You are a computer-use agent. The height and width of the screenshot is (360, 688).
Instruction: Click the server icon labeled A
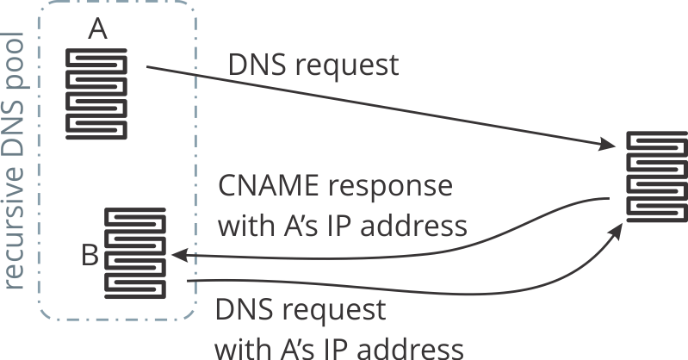coord(98,92)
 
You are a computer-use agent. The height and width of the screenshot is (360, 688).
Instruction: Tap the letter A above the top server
coord(97,29)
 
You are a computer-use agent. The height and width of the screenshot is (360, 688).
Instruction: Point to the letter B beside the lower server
coord(89,255)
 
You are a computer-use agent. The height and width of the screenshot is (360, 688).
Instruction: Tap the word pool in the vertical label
coord(15,56)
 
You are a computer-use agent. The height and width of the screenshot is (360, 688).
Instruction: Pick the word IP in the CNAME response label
coord(332,227)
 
